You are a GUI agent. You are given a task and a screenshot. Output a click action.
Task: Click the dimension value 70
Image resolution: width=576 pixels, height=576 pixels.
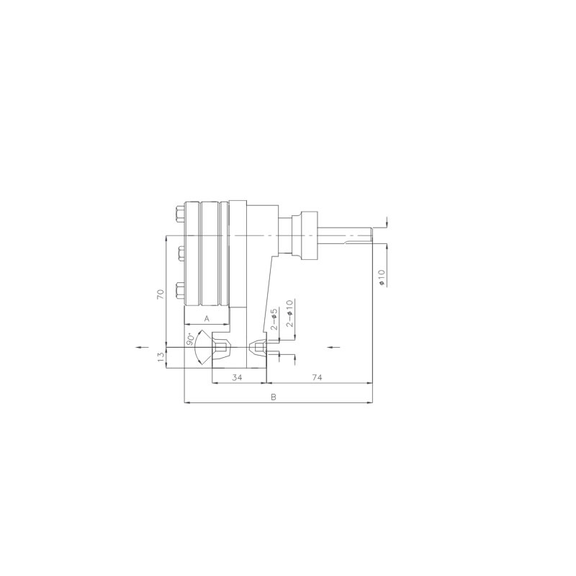pos(161,294)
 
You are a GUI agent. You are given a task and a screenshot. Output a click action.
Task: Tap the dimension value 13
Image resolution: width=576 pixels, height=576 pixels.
pos(161,357)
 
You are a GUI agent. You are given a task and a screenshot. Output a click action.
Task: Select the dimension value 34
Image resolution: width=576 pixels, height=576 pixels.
pos(238,377)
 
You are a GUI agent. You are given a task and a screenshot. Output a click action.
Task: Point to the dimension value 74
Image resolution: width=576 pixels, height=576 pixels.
pos(317,377)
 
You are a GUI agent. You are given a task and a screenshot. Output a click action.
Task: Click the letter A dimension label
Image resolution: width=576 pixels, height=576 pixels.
pos(207,318)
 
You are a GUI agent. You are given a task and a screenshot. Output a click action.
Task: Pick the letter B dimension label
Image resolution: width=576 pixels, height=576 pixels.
pos(273,397)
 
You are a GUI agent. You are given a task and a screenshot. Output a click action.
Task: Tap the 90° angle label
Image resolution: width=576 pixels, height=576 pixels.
pos(190,339)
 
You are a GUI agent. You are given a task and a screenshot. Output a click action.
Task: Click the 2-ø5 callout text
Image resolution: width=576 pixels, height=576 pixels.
pos(274,319)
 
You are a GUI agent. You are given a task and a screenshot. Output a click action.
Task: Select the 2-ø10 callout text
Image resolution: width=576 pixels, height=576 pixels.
pos(290,313)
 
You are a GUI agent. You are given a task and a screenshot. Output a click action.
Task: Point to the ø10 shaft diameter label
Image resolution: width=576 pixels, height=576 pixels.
pos(382,277)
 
